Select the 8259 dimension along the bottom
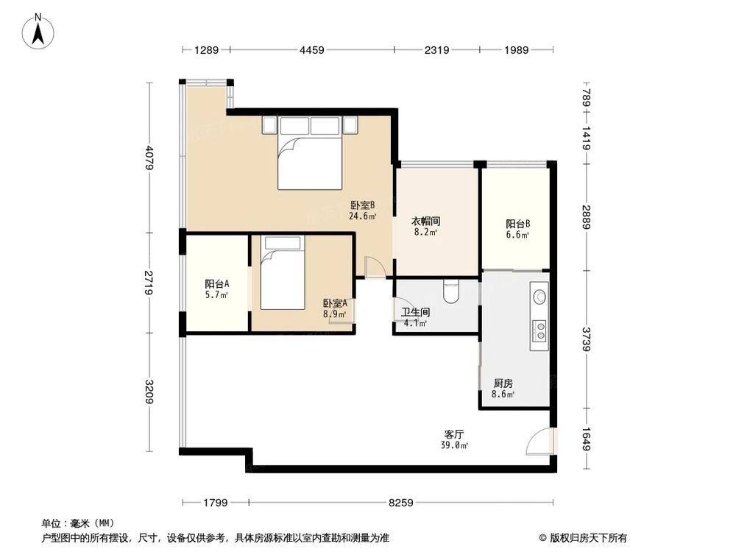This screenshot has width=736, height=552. click(x=401, y=503)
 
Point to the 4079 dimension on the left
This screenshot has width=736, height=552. click(x=150, y=158)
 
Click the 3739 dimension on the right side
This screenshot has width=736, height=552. click(x=586, y=339)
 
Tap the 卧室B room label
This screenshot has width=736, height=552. click(x=363, y=206)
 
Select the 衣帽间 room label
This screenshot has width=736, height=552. click(x=425, y=221)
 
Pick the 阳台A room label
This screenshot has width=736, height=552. click(x=216, y=284)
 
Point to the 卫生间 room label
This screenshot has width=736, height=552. click(x=414, y=312)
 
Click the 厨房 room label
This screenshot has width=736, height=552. click(x=503, y=383)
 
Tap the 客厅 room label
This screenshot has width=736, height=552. click(x=454, y=434)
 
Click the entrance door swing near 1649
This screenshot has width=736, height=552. click(x=540, y=441)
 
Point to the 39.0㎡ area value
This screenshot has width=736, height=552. click(x=454, y=445)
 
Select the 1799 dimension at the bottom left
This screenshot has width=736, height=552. click(x=216, y=503)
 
